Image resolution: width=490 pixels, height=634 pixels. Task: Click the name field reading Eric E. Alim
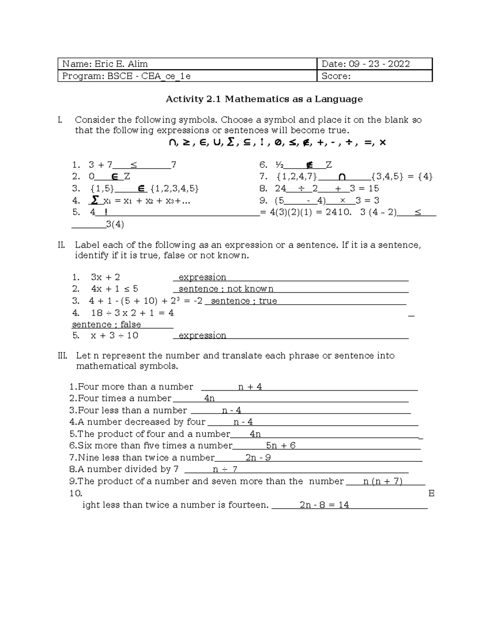click(121, 64)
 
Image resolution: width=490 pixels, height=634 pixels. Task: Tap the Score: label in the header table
click(336, 76)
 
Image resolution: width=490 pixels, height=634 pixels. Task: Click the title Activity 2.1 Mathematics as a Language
click(264, 99)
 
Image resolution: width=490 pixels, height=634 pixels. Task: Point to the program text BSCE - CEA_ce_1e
click(149, 76)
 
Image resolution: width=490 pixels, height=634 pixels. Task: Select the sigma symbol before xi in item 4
click(95, 200)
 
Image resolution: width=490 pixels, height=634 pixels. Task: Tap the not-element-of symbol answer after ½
click(309, 165)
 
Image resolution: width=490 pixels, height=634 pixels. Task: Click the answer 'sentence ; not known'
click(226, 289)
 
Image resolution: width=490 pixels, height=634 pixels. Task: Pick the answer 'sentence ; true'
click(244, 301)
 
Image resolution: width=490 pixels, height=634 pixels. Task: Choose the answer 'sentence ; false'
click(106, 325)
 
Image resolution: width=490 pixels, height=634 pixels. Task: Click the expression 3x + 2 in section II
click(105, 277)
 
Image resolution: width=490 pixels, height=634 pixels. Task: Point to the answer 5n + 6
click(281, 445)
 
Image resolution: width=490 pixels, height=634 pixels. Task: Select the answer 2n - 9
click(258, 457)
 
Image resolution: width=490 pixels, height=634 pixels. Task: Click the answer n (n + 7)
click(383, 481)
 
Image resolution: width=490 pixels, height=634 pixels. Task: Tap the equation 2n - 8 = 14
click(324, 505)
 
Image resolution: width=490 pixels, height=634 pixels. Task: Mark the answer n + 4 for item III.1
click(250, 387)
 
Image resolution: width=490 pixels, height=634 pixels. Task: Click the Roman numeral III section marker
click(62, 356)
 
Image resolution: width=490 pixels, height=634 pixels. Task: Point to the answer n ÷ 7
click(225, 469)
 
